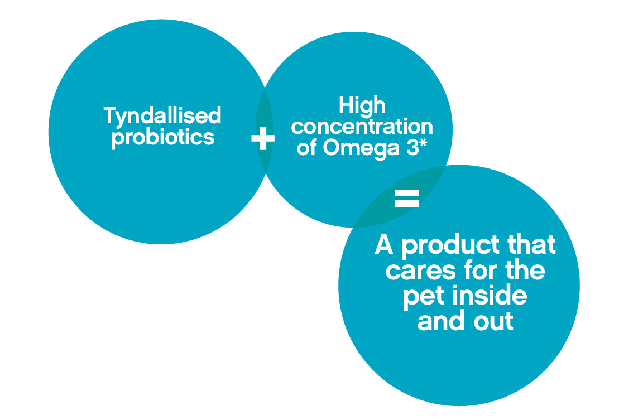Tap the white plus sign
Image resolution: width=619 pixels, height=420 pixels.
pos(263,138)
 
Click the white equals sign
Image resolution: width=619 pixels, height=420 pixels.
pos(406,198)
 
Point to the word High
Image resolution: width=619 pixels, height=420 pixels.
pos(362,106)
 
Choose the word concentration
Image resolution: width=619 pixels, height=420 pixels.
pos(362,127)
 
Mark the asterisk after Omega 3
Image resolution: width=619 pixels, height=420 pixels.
pos(423,143)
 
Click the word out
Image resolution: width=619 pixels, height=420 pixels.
pos(493,321)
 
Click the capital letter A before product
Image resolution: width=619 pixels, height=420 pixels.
pos(383,244)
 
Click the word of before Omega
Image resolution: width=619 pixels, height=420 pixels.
pos(307,148)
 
